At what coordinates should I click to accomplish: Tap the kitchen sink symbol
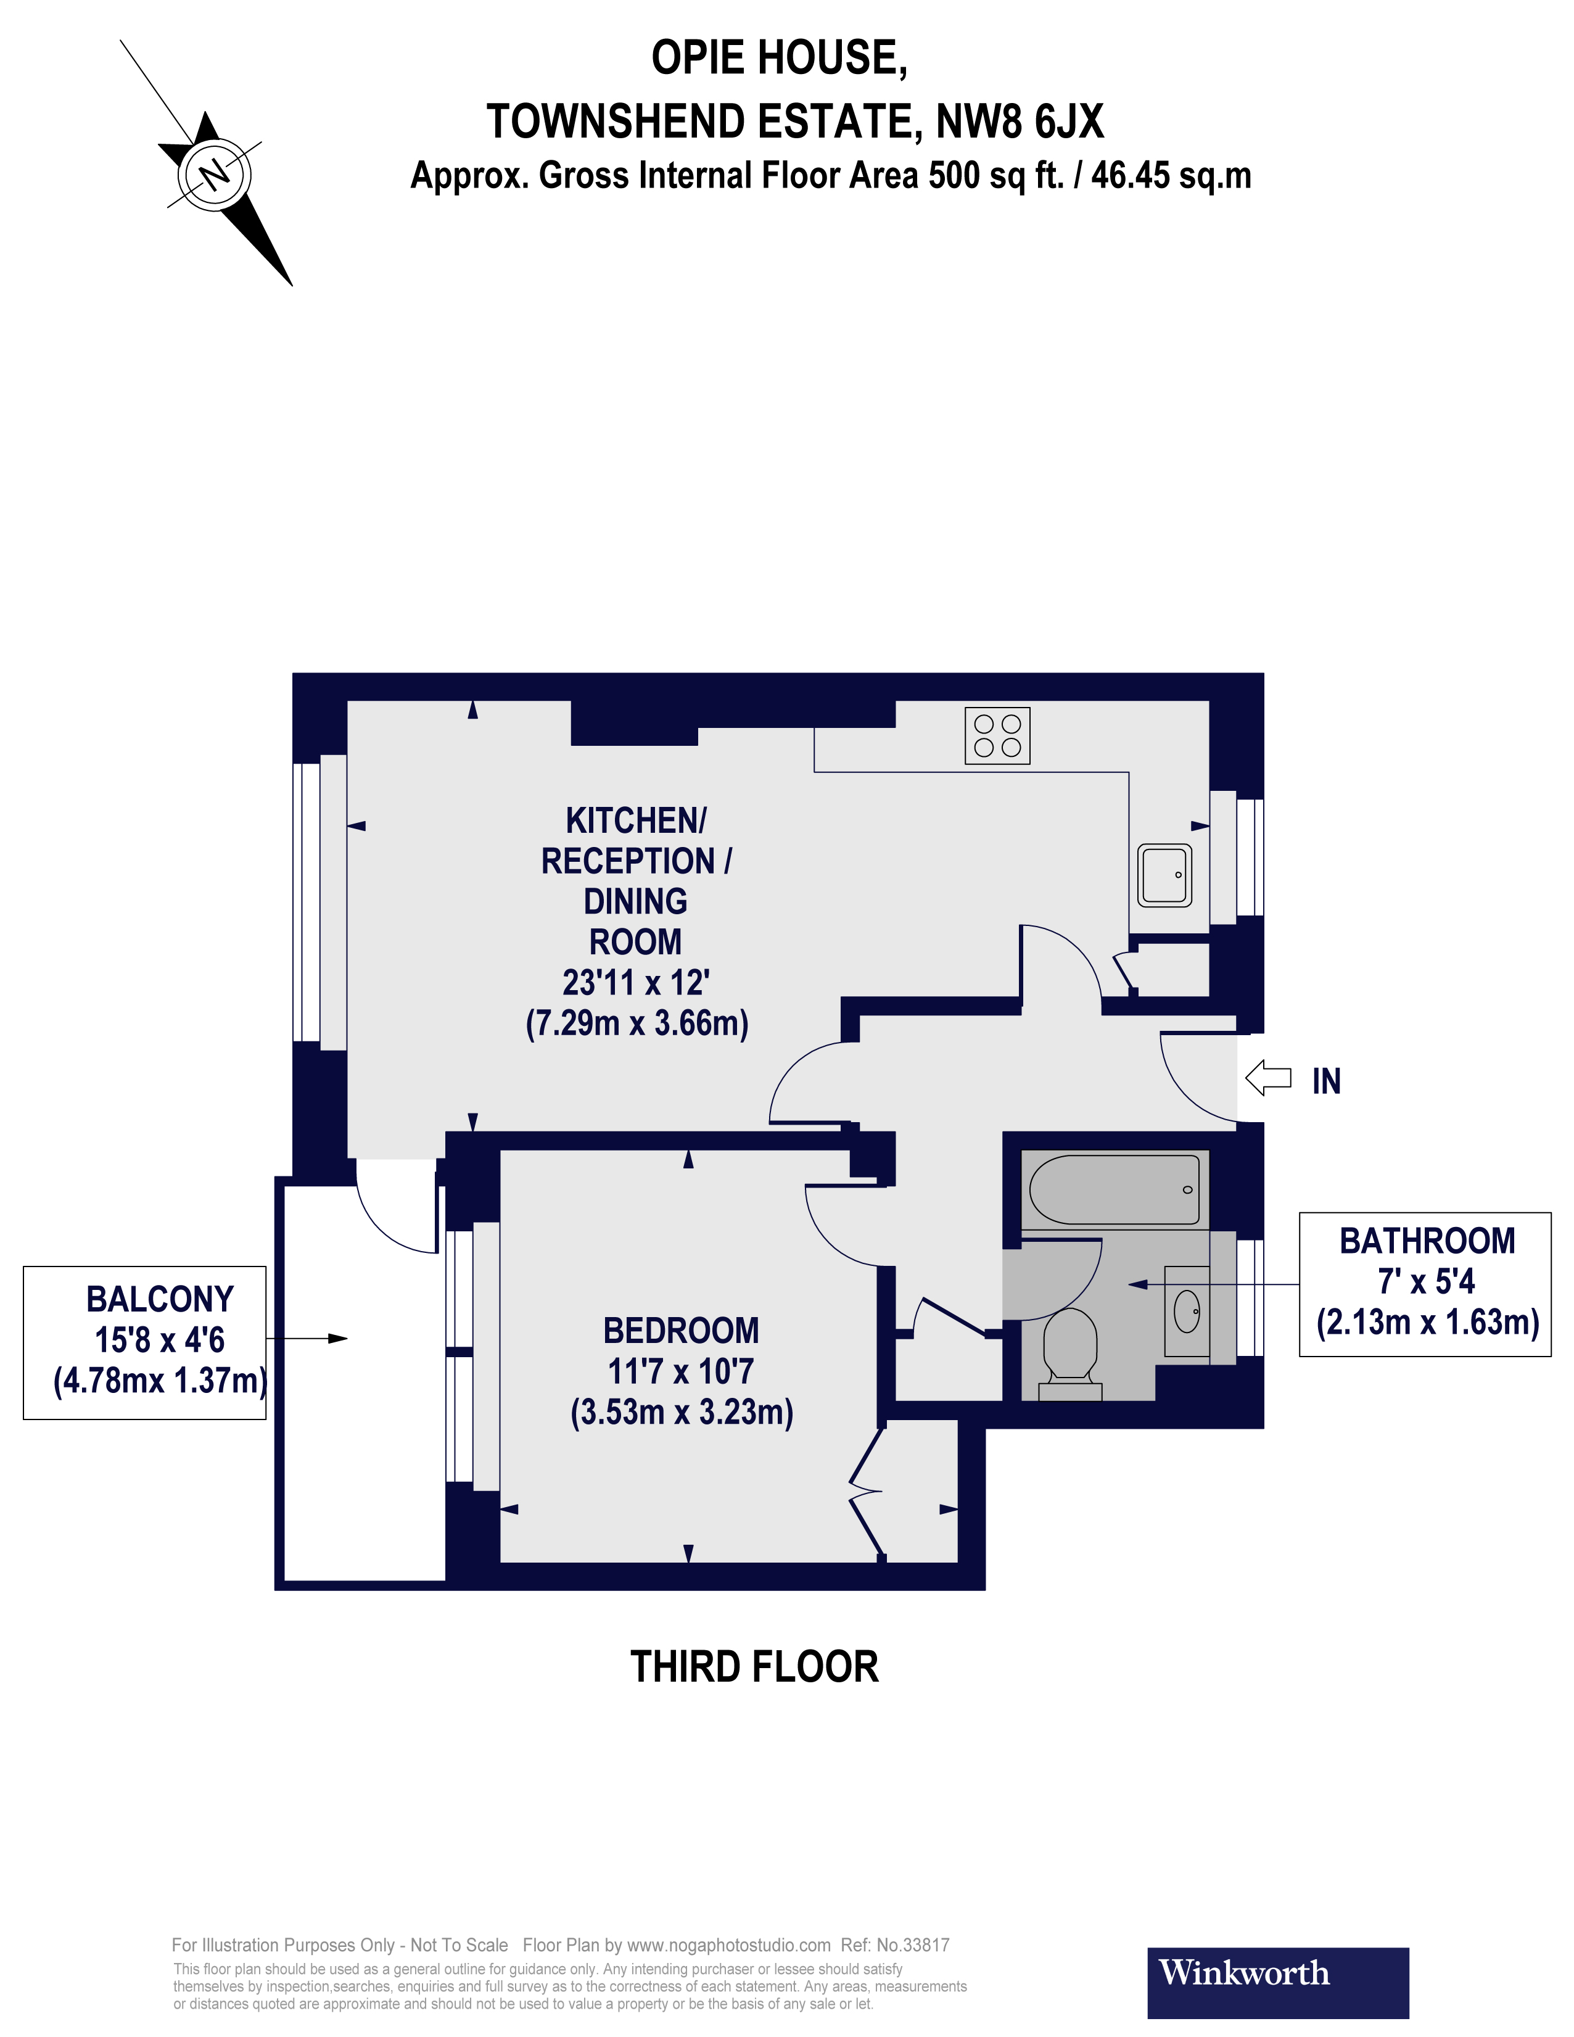coord(1164,875)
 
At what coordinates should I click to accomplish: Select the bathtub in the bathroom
coord(1115,1190)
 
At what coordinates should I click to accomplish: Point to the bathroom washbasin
coord(1186,1312)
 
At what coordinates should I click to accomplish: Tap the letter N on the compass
coord(215,173)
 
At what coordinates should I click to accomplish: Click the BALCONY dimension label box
coord(144,1342)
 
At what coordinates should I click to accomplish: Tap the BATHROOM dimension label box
coord(1424,1283)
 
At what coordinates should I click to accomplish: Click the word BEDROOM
coord(681,1330)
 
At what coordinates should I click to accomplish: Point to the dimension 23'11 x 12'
coord(636,982)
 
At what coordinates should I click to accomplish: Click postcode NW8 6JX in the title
coord(1019,122)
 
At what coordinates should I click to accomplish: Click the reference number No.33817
coord(912,1944)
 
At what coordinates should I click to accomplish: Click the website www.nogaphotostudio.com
coord(728,1944)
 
